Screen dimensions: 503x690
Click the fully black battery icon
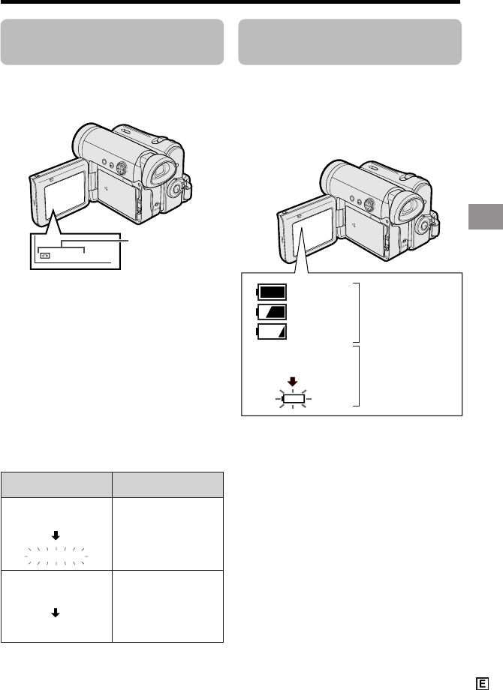click(x=271, y=292)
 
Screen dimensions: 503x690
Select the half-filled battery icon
click(x=271, y=312)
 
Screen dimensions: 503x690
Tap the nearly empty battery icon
click(x=271, y=331)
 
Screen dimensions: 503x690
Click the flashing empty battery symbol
click(x=294, y=399)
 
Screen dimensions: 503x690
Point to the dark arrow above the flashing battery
click(x=293, y=382)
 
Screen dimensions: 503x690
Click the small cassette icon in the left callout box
click(x=45, y=255)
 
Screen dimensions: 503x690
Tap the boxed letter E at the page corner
click(x=482, y=683)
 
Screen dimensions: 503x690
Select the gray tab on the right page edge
click(x=486, y=217)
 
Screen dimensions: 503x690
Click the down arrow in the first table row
click(x=56, y=535)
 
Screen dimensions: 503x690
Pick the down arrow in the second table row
click(x=56, y=613)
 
